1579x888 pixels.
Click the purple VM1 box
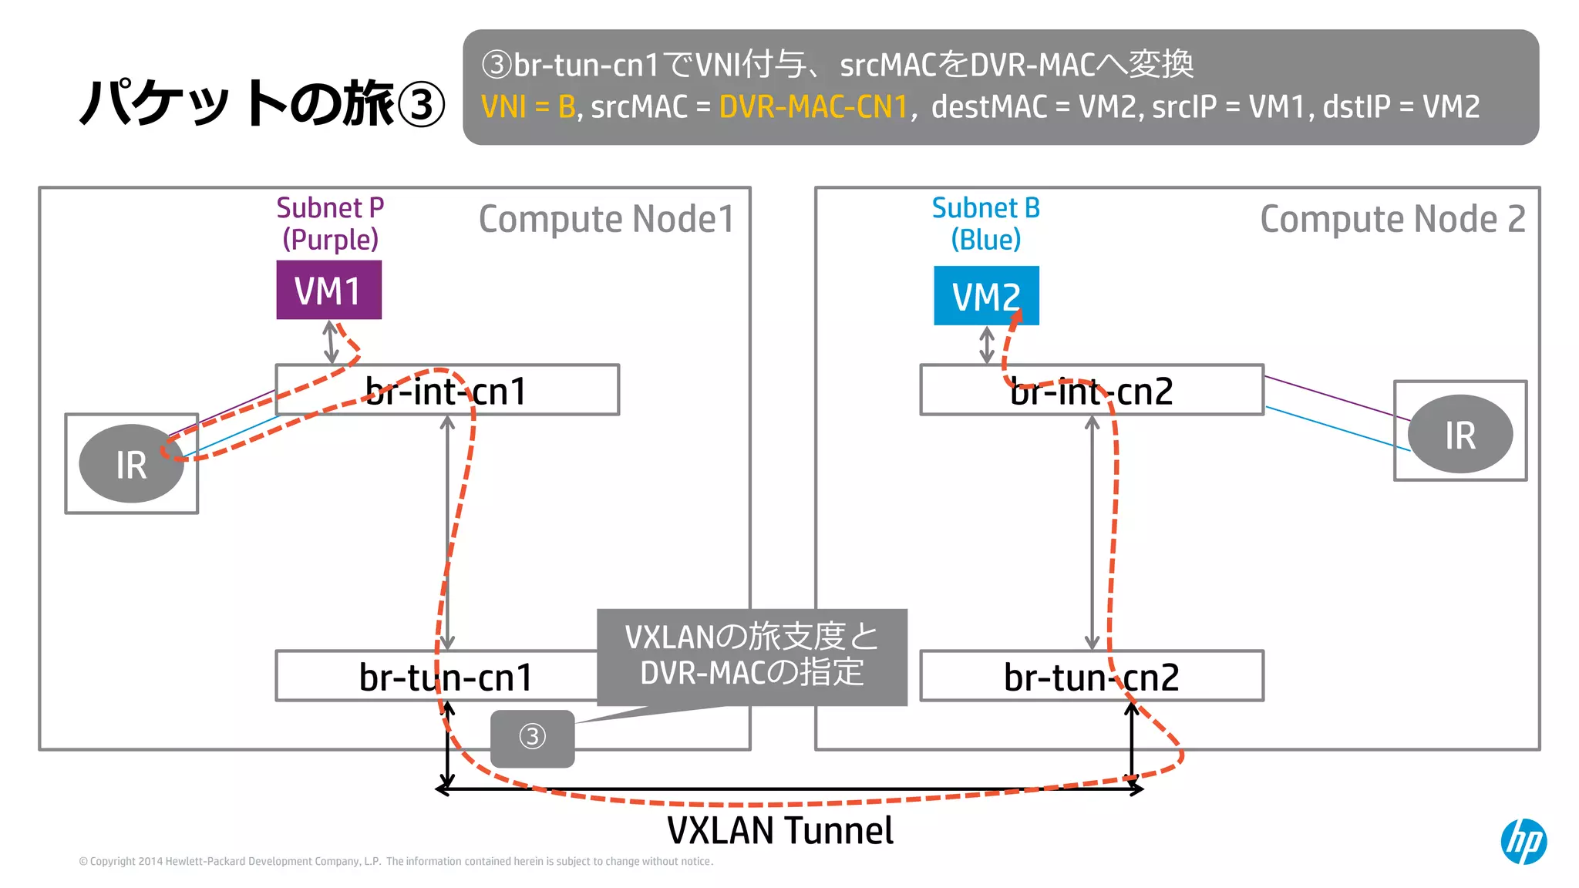[328, 290]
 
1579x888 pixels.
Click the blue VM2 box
[985, 296]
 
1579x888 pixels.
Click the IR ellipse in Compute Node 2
[1459, 435]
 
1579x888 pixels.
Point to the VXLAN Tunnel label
[779, 831]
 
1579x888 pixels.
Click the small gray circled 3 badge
[532, 738]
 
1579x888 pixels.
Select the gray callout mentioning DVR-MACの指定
[752, 656]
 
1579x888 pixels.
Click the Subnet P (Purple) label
[330, 224]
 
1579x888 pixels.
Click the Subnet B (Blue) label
[985, 224]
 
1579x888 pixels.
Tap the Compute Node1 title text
[606, 219]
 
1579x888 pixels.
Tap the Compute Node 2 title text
[1392, 219]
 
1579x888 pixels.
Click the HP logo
[1523, 841]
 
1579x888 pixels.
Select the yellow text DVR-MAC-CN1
[813, 107]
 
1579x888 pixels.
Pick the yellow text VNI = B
[528, 107]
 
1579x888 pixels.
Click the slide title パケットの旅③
[262, 103]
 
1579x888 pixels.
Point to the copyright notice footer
[396, 861]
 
